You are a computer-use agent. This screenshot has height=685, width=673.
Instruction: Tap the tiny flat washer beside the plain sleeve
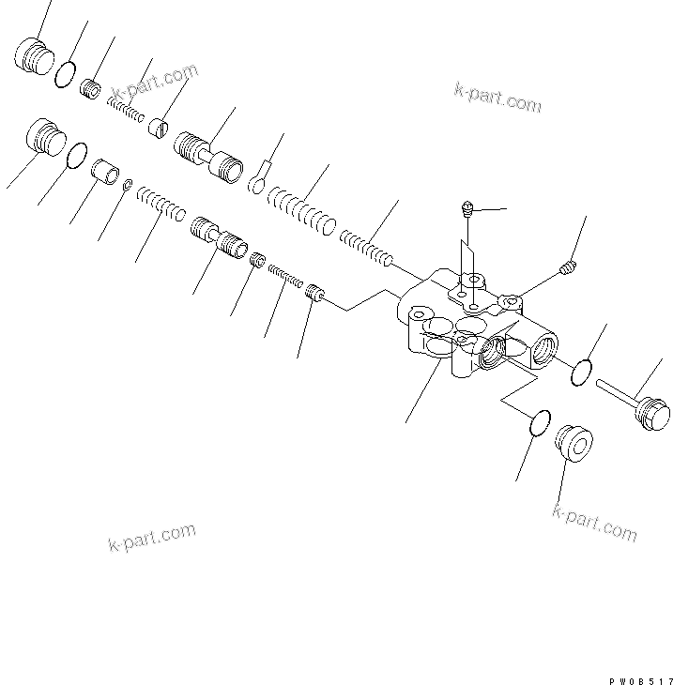(x=127, y=186)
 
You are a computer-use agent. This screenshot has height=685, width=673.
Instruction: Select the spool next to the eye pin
(x=208, y=155)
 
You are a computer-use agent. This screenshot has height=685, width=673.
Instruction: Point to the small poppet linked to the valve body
(x=316, y=296)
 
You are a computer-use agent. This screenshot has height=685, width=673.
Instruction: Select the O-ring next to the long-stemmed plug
(x=582, y=372)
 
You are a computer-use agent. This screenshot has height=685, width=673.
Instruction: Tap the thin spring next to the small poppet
(x=284, y=276)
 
